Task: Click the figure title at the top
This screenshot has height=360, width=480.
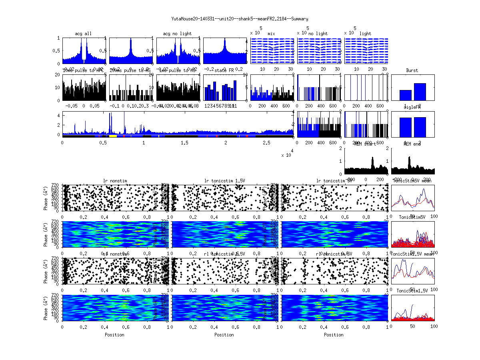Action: pos(240,19)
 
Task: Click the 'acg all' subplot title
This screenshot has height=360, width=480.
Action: pos(83,34)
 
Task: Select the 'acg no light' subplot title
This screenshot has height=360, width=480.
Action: pos(177,34)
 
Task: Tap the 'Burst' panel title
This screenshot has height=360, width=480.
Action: pos(412,70)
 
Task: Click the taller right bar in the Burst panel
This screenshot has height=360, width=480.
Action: pos(420,92)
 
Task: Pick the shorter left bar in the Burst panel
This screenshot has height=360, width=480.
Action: pos(405,95)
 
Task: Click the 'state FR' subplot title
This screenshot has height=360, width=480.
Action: pos(224,70)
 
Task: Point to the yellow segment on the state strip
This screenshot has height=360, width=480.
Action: pos(113,136)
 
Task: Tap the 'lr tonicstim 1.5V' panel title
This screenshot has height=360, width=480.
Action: pos(224,181)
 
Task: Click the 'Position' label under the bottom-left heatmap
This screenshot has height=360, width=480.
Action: pos(114,335)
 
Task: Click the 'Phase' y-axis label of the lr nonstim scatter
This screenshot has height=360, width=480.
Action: pos(46,197)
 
